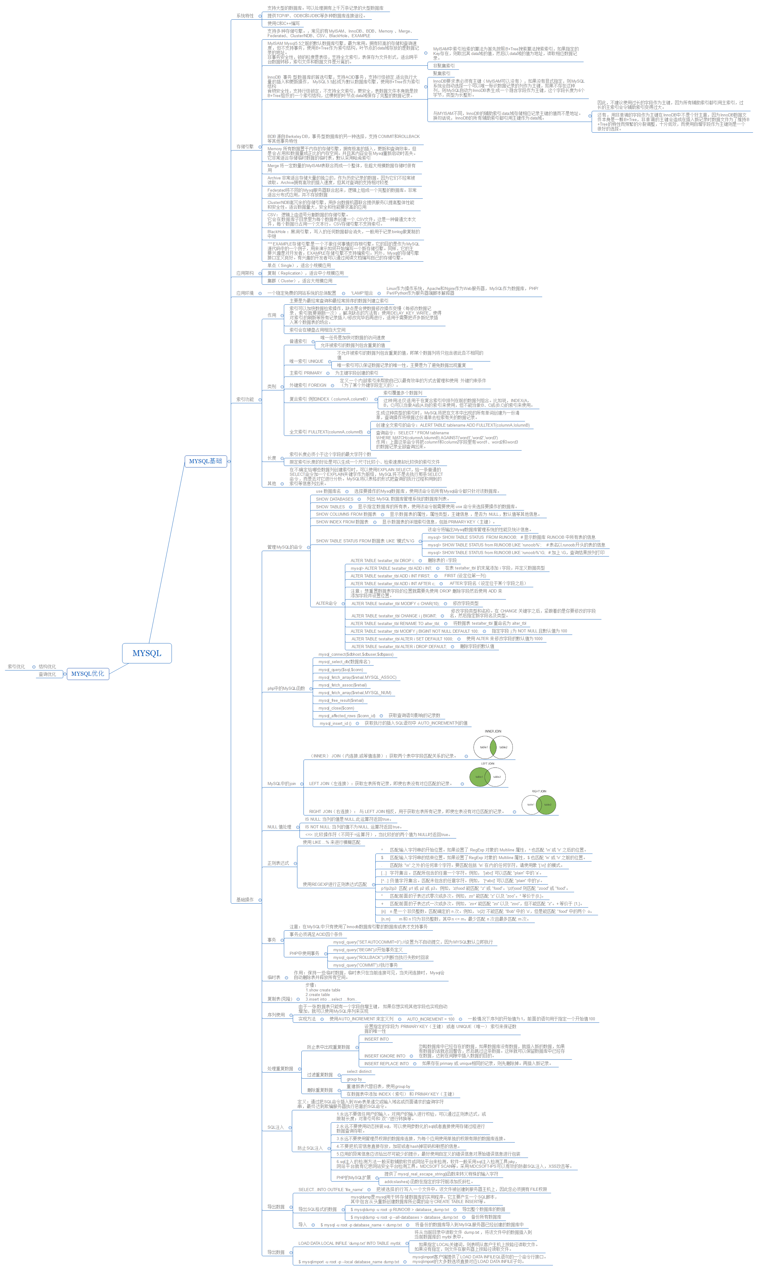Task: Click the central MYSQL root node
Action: pos(147,653)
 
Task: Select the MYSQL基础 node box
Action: pos(205,461)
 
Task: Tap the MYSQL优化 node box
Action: pos(87,674)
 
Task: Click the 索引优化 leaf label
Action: pos(16,666)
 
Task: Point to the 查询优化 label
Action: pos(48,674)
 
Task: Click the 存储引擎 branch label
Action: pos(245,147)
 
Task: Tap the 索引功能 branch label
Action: pos(245,400)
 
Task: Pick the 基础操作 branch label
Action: pos(245,914)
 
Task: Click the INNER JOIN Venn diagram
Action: pos(493,747)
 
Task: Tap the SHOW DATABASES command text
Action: pos(335,499)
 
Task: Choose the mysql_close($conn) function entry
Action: pos(336,708)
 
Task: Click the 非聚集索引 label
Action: pos(444,66)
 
